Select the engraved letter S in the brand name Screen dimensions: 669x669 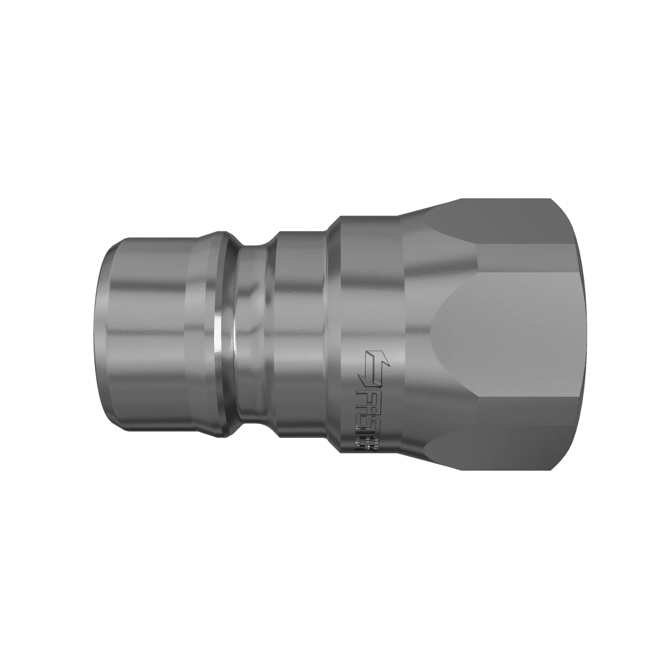point(368,426)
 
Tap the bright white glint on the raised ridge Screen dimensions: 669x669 point(217,334)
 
